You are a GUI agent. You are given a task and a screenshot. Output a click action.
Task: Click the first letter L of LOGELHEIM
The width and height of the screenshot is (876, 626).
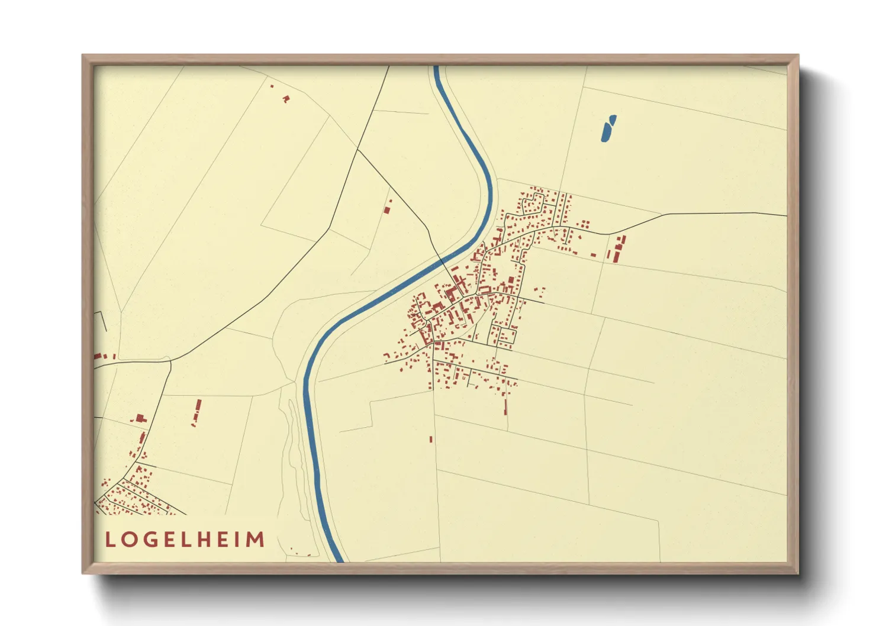point(110,540)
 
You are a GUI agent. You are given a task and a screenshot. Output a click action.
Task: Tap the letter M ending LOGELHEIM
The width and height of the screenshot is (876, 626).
point(255,540)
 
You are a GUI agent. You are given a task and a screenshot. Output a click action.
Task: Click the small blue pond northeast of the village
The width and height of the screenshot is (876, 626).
point(608,128)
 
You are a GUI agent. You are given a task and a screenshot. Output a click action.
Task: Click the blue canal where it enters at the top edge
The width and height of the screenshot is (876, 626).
point(437,69)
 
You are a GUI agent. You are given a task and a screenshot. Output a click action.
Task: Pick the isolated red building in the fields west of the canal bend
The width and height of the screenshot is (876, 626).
point(388,208)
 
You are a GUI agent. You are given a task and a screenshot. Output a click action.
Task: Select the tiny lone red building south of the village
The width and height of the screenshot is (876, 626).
point(431,439)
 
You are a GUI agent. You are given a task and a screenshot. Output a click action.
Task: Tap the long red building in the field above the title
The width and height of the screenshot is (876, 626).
point(197,411)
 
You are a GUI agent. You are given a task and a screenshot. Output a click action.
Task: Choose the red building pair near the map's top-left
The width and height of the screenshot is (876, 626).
point(285,98)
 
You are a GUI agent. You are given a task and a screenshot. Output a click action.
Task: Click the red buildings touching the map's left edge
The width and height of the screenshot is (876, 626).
point(98,357)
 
